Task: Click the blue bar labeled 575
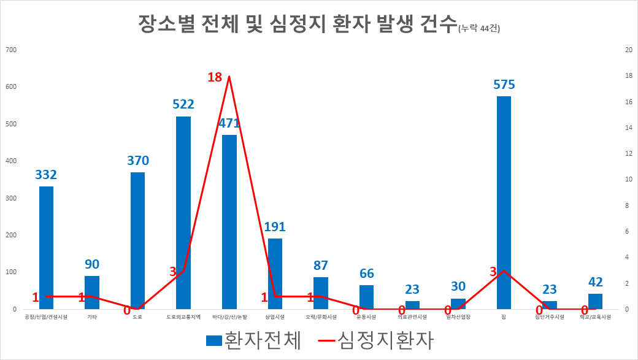(x=504, y=202)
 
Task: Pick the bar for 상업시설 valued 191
(x=275, y=274)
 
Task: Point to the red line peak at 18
(x=229, y=77)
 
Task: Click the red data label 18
(x=215, y=78)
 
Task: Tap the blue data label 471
(x=229, y=123)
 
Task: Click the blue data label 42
(x=595, y=282)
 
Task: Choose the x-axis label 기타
(x=92, y=317)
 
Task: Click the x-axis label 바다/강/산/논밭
(x=229, y=317)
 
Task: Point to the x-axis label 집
(x=504, y=317)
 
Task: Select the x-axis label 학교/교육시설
(x=595, y=317)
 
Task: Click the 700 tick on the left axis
(x=11, y=50)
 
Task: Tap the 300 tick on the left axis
(x=11, y=198)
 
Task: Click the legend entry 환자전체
(x=254, y=341)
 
